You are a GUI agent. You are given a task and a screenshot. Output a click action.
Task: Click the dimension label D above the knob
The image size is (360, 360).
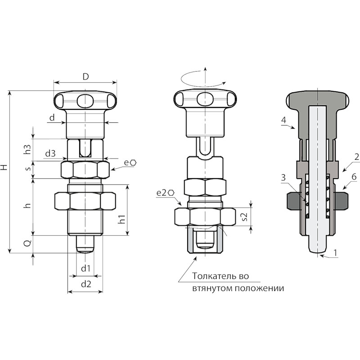point(85,76)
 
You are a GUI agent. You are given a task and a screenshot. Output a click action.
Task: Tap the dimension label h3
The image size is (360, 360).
point(27,148)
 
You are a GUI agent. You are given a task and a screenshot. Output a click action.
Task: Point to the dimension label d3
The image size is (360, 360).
point(50,153)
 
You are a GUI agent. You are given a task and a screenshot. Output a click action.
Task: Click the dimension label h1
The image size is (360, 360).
point(122,219)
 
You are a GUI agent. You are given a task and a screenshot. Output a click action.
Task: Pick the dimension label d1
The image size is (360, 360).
point(85,268)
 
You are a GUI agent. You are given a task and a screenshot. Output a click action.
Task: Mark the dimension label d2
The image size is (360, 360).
point(86,284)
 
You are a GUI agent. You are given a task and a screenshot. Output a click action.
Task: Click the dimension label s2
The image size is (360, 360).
point(245,216)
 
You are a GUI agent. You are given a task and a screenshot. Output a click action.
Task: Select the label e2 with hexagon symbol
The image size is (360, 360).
point(165,193)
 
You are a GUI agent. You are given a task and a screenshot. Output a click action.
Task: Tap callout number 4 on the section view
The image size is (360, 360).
point(284,120)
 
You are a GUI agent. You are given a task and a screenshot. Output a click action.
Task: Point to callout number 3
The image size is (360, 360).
point(283,177)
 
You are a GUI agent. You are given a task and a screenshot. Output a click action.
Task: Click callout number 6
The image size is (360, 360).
point(354,176)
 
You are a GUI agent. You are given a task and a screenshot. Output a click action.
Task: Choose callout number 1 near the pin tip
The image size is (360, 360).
point(335,253)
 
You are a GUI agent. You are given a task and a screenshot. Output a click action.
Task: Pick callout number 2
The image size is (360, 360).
point(356,157)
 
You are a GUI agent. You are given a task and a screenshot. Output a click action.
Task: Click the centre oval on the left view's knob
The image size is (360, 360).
point(85,100)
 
